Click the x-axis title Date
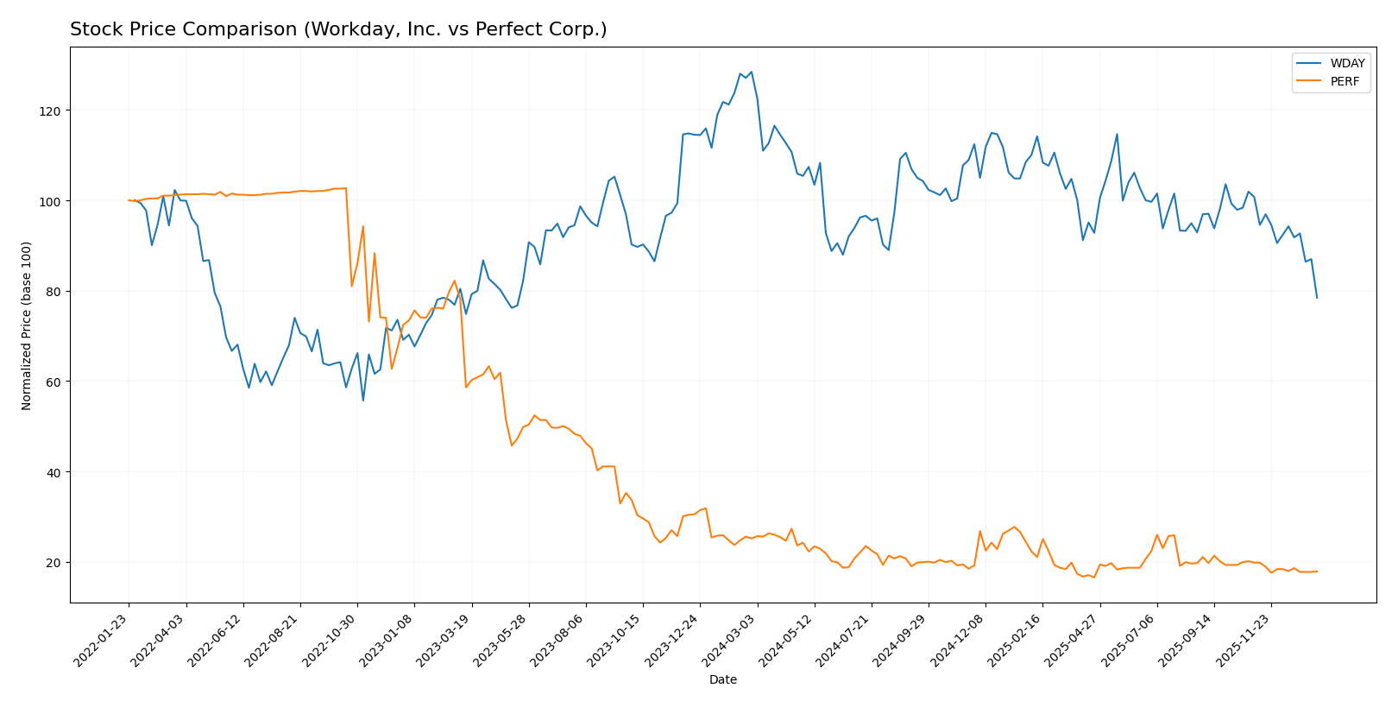pos(722,680)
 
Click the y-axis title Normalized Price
pos(27,325)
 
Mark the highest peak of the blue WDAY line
pos(751,72)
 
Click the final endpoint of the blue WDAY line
pos(1317,298)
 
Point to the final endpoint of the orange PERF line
pos(1317,571)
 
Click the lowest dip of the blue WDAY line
pos(363,401)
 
